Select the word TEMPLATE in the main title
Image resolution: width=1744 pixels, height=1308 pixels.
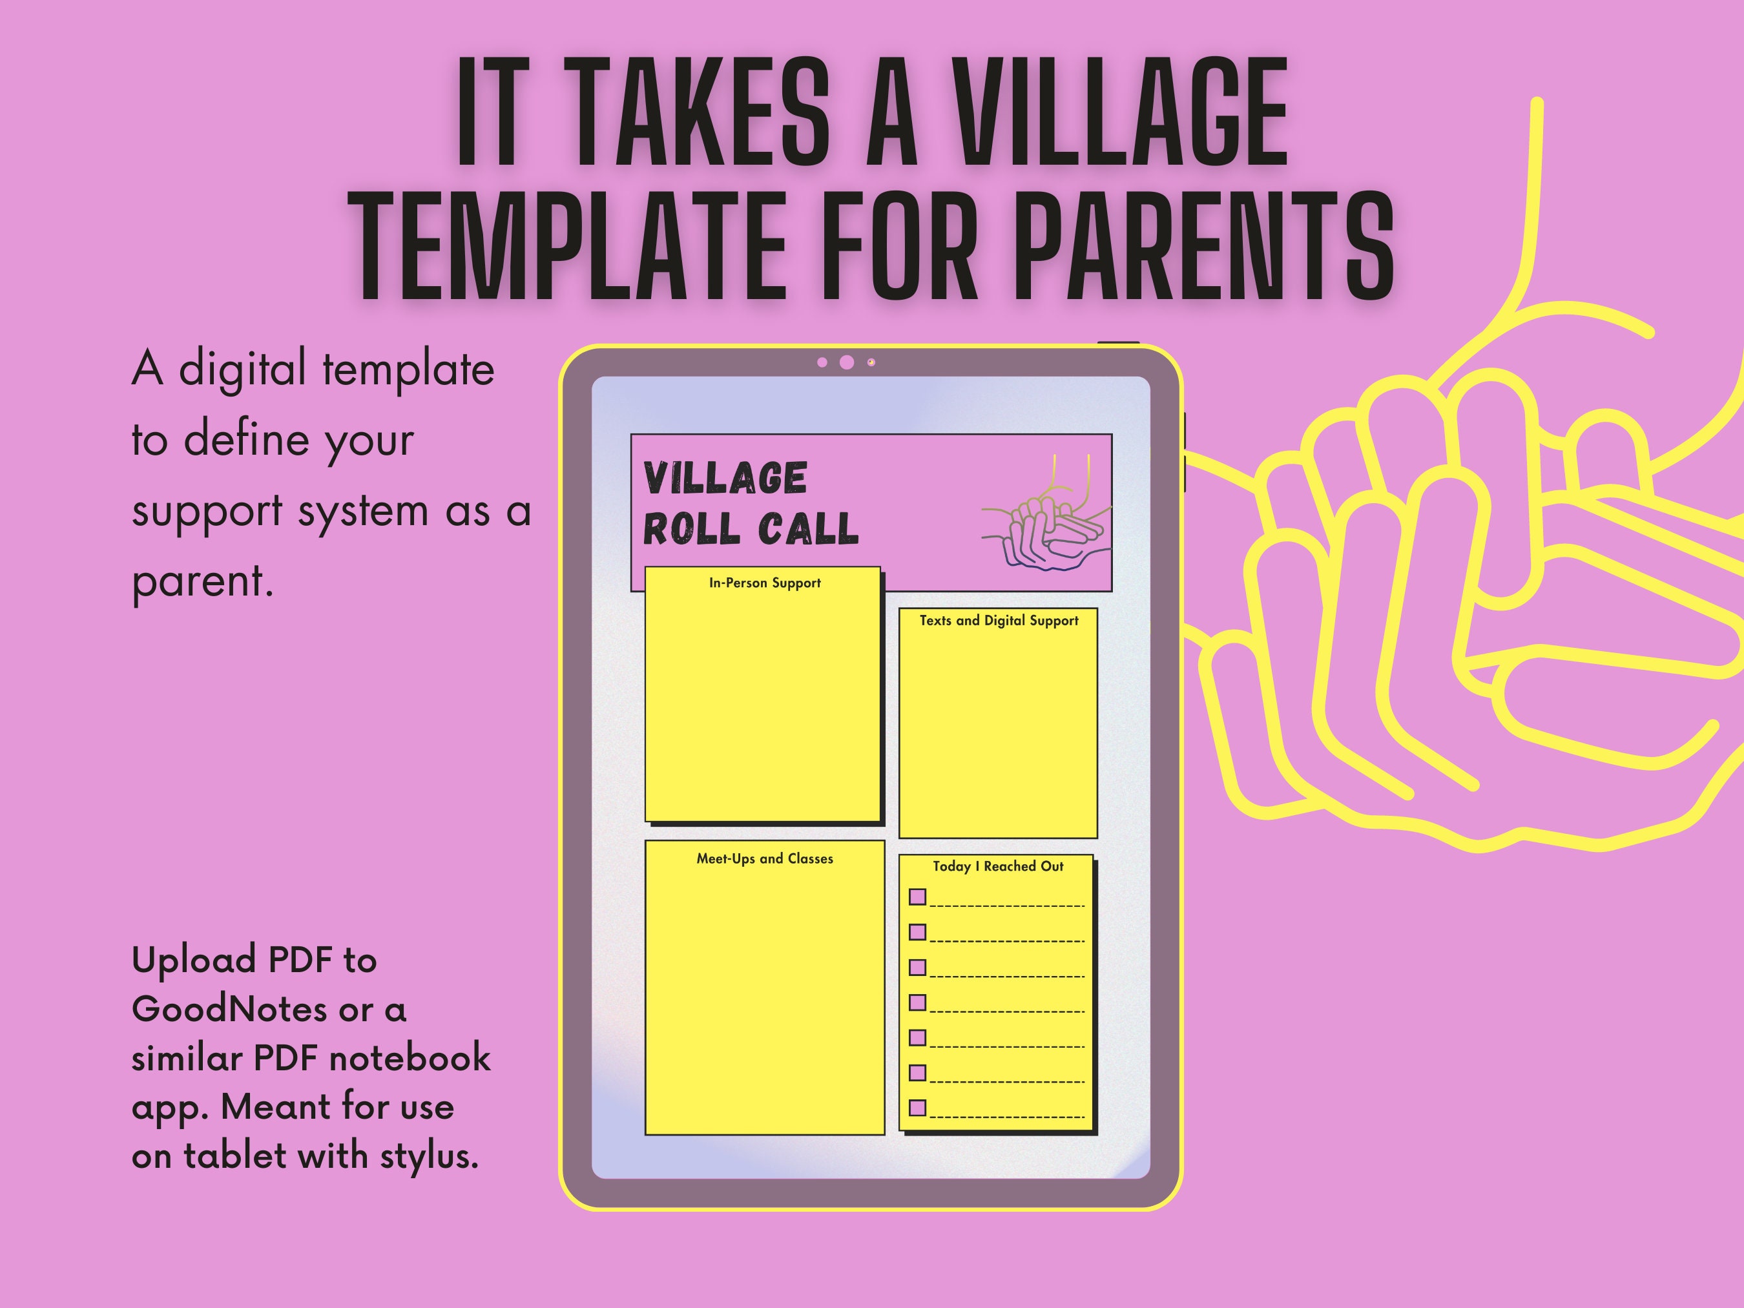(x=568, y=247)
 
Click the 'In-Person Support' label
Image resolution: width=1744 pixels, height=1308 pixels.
(x=765, y=583)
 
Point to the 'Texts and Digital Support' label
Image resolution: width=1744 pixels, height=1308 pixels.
(x=999, y=621)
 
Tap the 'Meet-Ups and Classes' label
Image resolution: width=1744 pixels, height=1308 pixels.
(x=765, y=858)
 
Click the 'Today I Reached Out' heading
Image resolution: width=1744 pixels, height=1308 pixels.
(x=998, y=866)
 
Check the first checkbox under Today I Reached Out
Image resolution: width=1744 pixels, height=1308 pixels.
(x=917, y=897)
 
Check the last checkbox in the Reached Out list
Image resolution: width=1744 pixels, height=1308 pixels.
(x=917, y=1108)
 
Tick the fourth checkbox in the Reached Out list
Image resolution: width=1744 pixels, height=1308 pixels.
(x=917, y=1002)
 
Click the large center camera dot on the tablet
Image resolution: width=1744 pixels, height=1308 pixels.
(x=847, y=362)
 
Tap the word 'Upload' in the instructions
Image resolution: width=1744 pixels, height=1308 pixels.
(x=194, y=961)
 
